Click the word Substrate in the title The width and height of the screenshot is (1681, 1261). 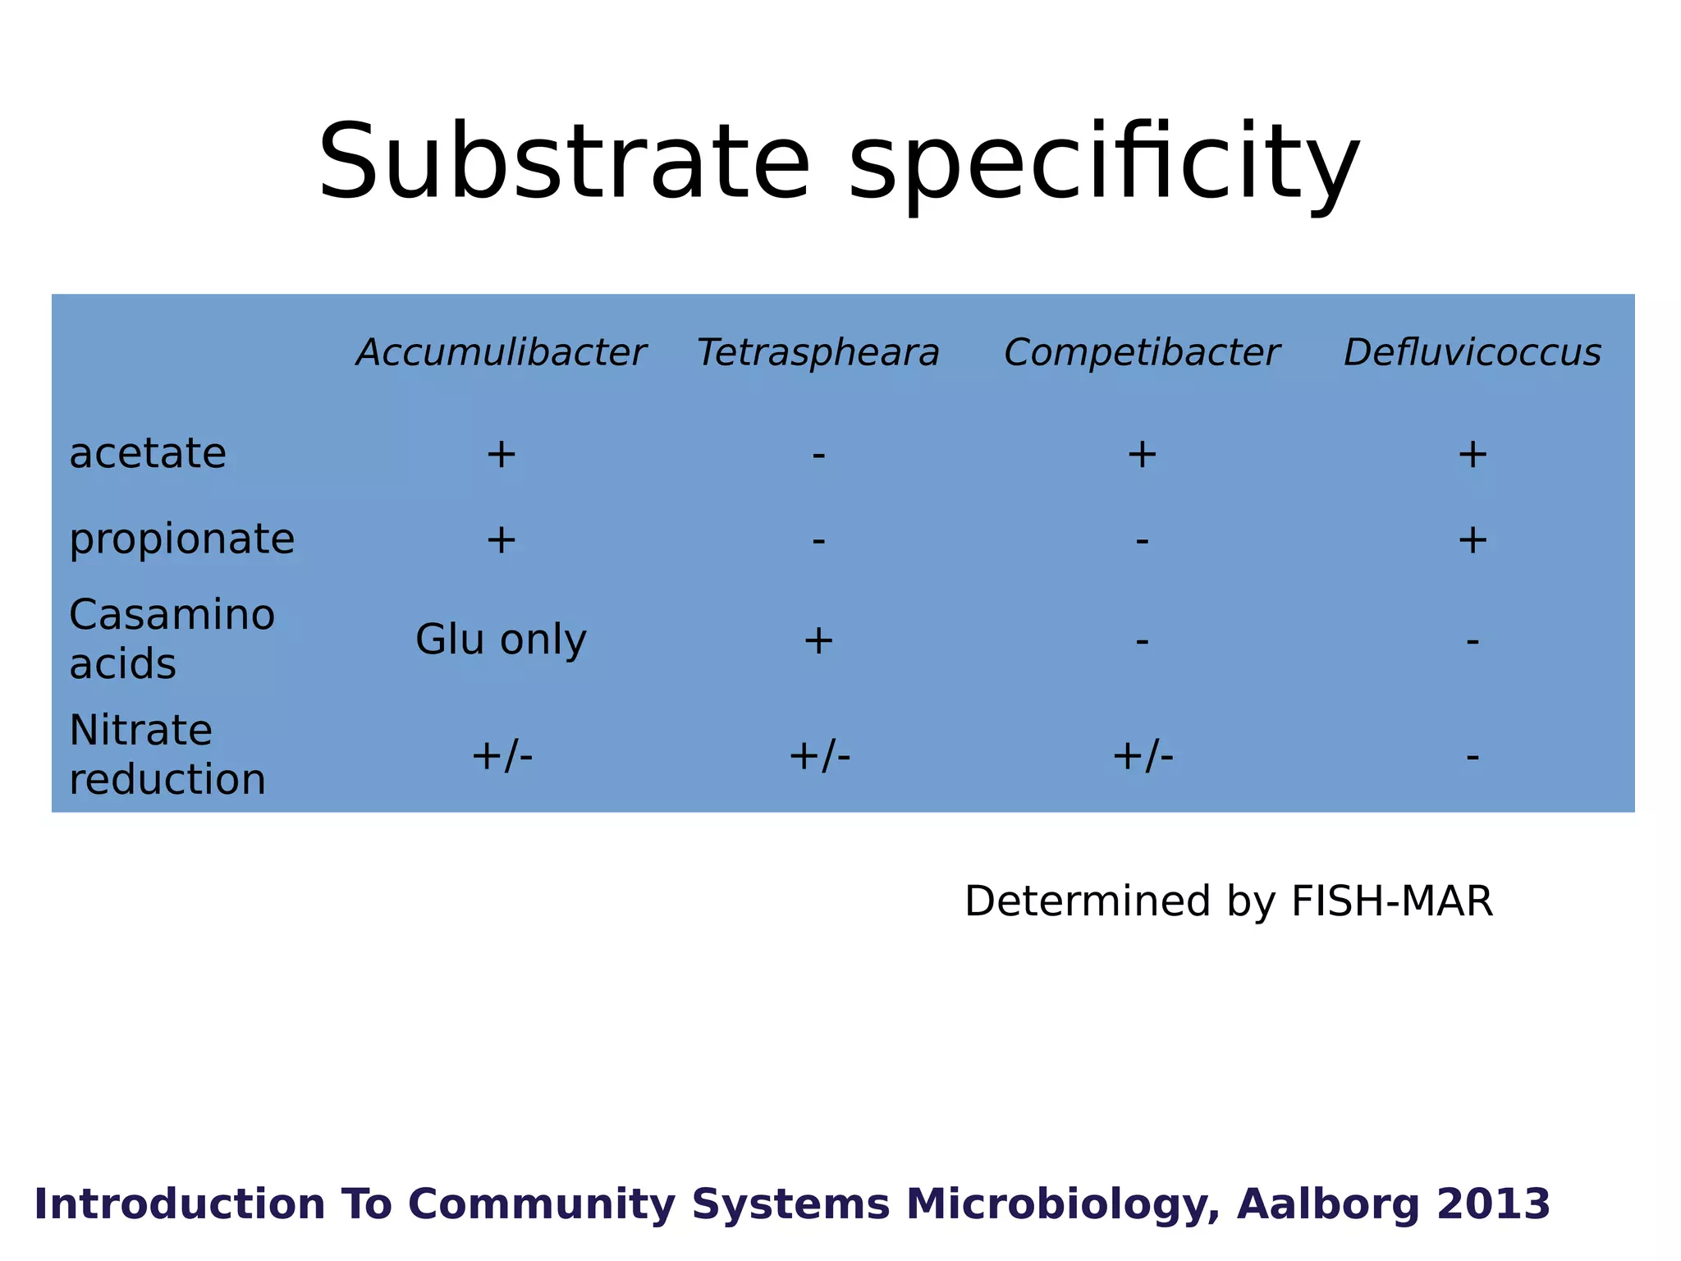(x=564, y=162)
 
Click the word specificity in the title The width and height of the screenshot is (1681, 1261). (x=1104, y=162)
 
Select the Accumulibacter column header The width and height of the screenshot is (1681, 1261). (x=501, y=353)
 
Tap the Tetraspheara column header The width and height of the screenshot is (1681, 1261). (x=818, y=353)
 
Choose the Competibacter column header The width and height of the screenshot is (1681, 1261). (x=1142, y=353)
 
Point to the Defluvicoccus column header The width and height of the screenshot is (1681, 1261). (x=1473, y=353)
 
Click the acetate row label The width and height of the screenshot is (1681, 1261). (x=148, y=453)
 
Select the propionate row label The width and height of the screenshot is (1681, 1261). (x=181, y=539)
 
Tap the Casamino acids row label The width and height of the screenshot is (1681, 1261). (x=172, y=639)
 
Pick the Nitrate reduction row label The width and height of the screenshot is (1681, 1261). (x=167, y=754)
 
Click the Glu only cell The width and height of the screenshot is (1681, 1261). (x=501, y=640)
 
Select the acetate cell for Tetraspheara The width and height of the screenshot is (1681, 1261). (x=818, y=455)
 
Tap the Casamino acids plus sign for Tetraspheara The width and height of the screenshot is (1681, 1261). (x=818, y=640)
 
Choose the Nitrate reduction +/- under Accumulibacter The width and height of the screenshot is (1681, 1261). (x=502, y=755)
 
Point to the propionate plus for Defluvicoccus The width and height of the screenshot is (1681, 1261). (x=1473, y=540)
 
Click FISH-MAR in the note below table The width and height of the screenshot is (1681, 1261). (x=1391, y=901)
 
